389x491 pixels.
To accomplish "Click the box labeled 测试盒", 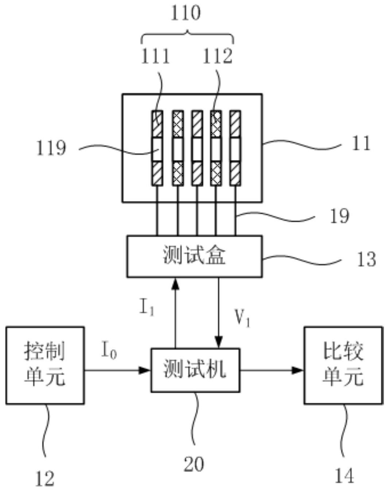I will click(x=194, y=256).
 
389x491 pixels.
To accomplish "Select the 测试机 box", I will click(x=195, y=370).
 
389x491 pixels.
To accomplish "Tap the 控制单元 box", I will click(x=45, y=365).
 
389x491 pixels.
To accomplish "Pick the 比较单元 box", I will click(x=343, y=365).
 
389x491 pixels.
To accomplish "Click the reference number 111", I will click(x=155, y=56).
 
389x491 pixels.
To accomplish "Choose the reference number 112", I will click(x=217, y=56).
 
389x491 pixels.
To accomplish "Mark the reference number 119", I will click(x=51, y=148).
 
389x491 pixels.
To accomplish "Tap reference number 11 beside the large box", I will click(x=361, y=143).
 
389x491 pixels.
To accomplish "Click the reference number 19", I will click(x=339, y=216).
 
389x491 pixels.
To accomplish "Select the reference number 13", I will click(x=366, y=259).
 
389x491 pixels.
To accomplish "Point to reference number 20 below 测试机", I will click(x=194, y=464).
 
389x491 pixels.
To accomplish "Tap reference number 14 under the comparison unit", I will click(x=344, y=476).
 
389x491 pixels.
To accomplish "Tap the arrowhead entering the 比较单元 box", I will click(x=299, y=370).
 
